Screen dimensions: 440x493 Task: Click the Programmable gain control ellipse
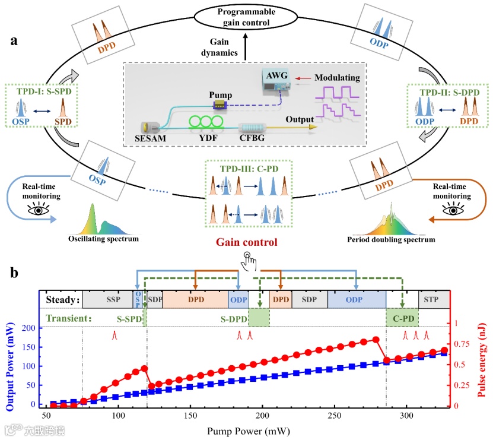(x=247, y=18)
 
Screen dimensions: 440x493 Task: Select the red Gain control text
(x=247, y=242)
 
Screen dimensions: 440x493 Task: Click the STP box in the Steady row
(x=432, y=300)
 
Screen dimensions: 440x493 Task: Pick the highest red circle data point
(x=376, y=340)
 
